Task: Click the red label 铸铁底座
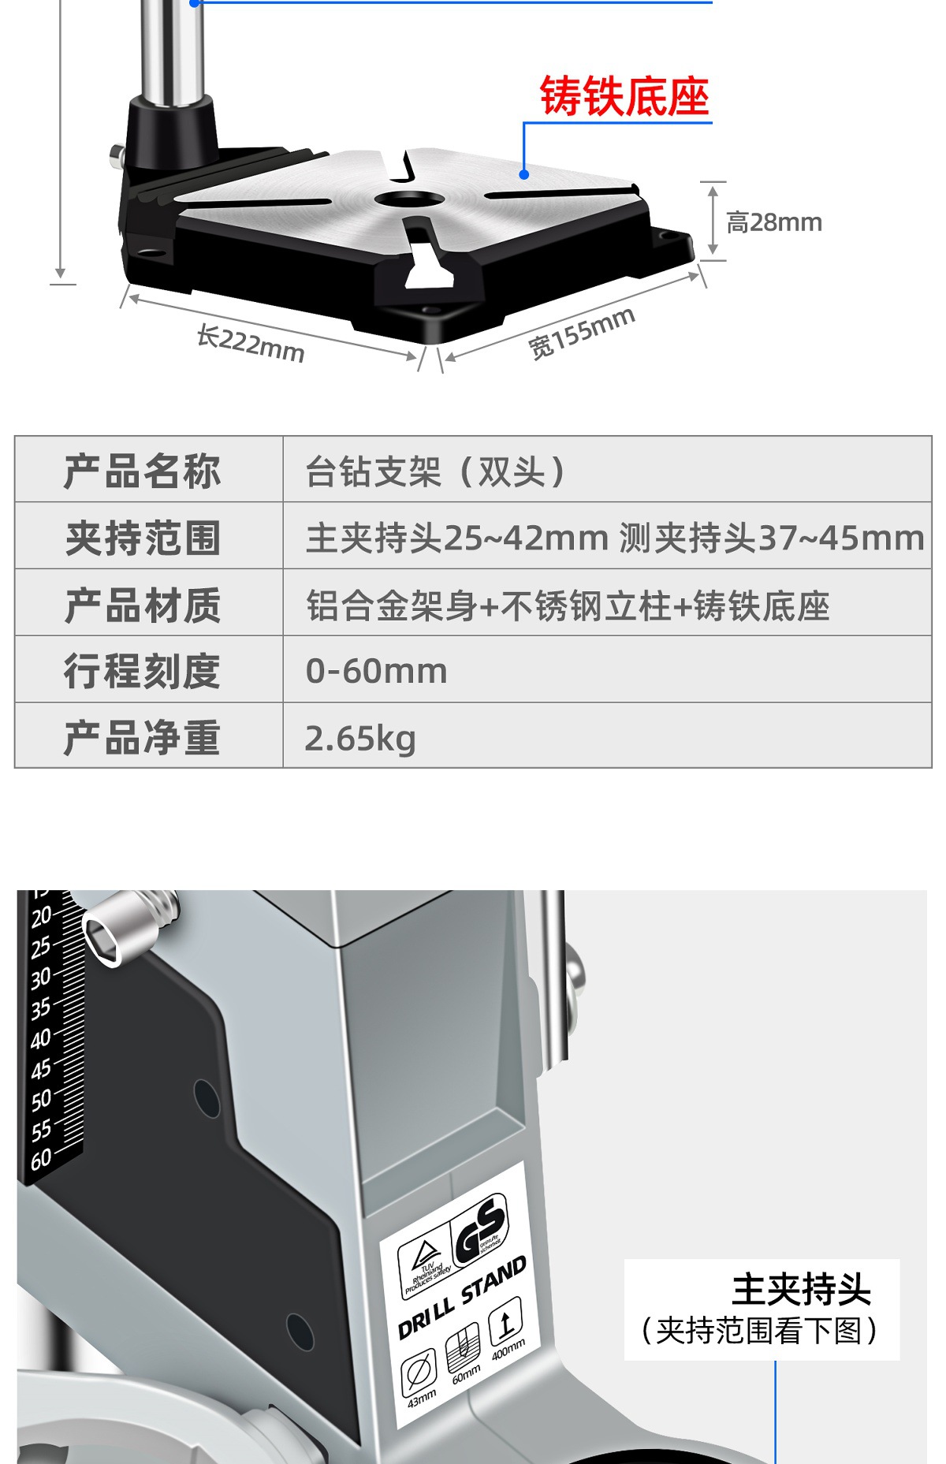(624, 97)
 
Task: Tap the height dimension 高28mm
(773, 223)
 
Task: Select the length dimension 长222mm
(250, 345)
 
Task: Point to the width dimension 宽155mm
(581, 332)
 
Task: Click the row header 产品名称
(143, 471)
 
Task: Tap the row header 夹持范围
(143, 538)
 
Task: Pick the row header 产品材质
(143, 605)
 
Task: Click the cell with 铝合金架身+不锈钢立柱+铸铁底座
(568, 605)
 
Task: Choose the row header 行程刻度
(143, 671)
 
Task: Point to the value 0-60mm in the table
(376, 672)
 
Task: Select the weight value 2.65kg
(359, 739)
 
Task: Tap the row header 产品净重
(143, 738)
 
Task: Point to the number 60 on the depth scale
(41, 1160)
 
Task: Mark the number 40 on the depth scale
(41, 1038)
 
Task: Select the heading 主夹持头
(801, 1290)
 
